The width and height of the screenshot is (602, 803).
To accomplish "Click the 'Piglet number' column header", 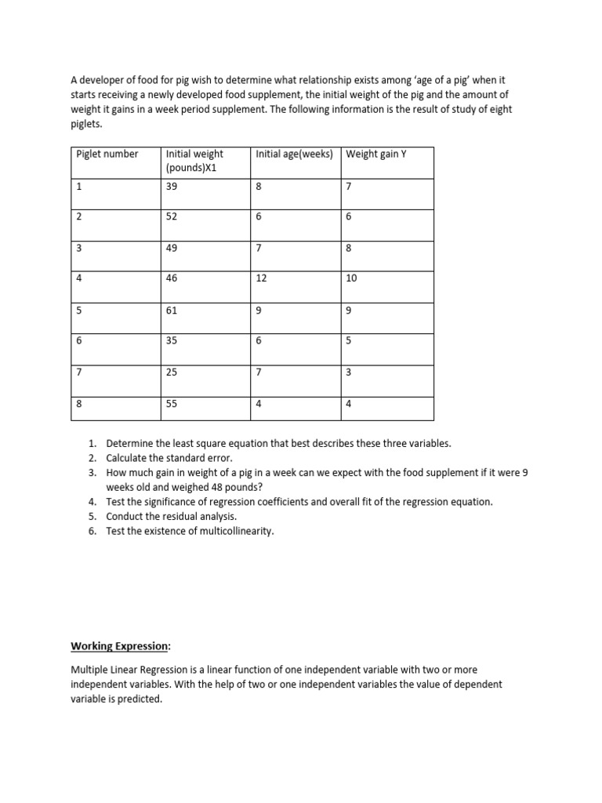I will tap(107, 154).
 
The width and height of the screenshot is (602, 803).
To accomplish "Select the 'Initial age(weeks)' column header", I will tap(294, 154).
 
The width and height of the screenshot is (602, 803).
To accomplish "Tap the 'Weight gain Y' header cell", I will tap(376, 154).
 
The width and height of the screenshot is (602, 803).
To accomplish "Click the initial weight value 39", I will tap(172, 185).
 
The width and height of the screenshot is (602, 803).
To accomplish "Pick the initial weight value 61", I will tap(172, 311).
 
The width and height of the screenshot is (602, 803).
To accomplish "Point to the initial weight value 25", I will tap(172, 372).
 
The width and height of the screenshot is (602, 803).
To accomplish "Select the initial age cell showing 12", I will tap(261, 279).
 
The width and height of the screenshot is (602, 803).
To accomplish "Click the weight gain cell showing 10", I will tap(350, 279).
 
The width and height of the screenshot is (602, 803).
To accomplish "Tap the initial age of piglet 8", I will tap(259, 404).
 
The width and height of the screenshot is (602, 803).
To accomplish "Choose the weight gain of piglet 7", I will tap(348, 372).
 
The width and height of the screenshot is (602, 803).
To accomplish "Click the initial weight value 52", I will tap(172, 216).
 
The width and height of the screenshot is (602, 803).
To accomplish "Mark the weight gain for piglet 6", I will tap(348, 342).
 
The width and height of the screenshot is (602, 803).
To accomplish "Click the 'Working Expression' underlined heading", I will tap(118, 646).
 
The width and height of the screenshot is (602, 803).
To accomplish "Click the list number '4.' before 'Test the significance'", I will tap(92, 502).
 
